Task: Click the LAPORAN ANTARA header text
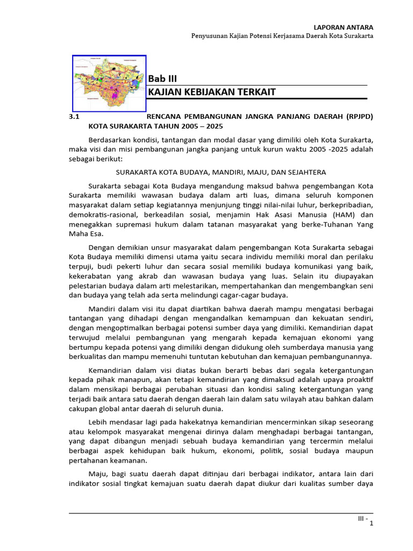(344, 27)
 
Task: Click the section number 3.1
(74, 116)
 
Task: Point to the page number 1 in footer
(371, 525)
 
